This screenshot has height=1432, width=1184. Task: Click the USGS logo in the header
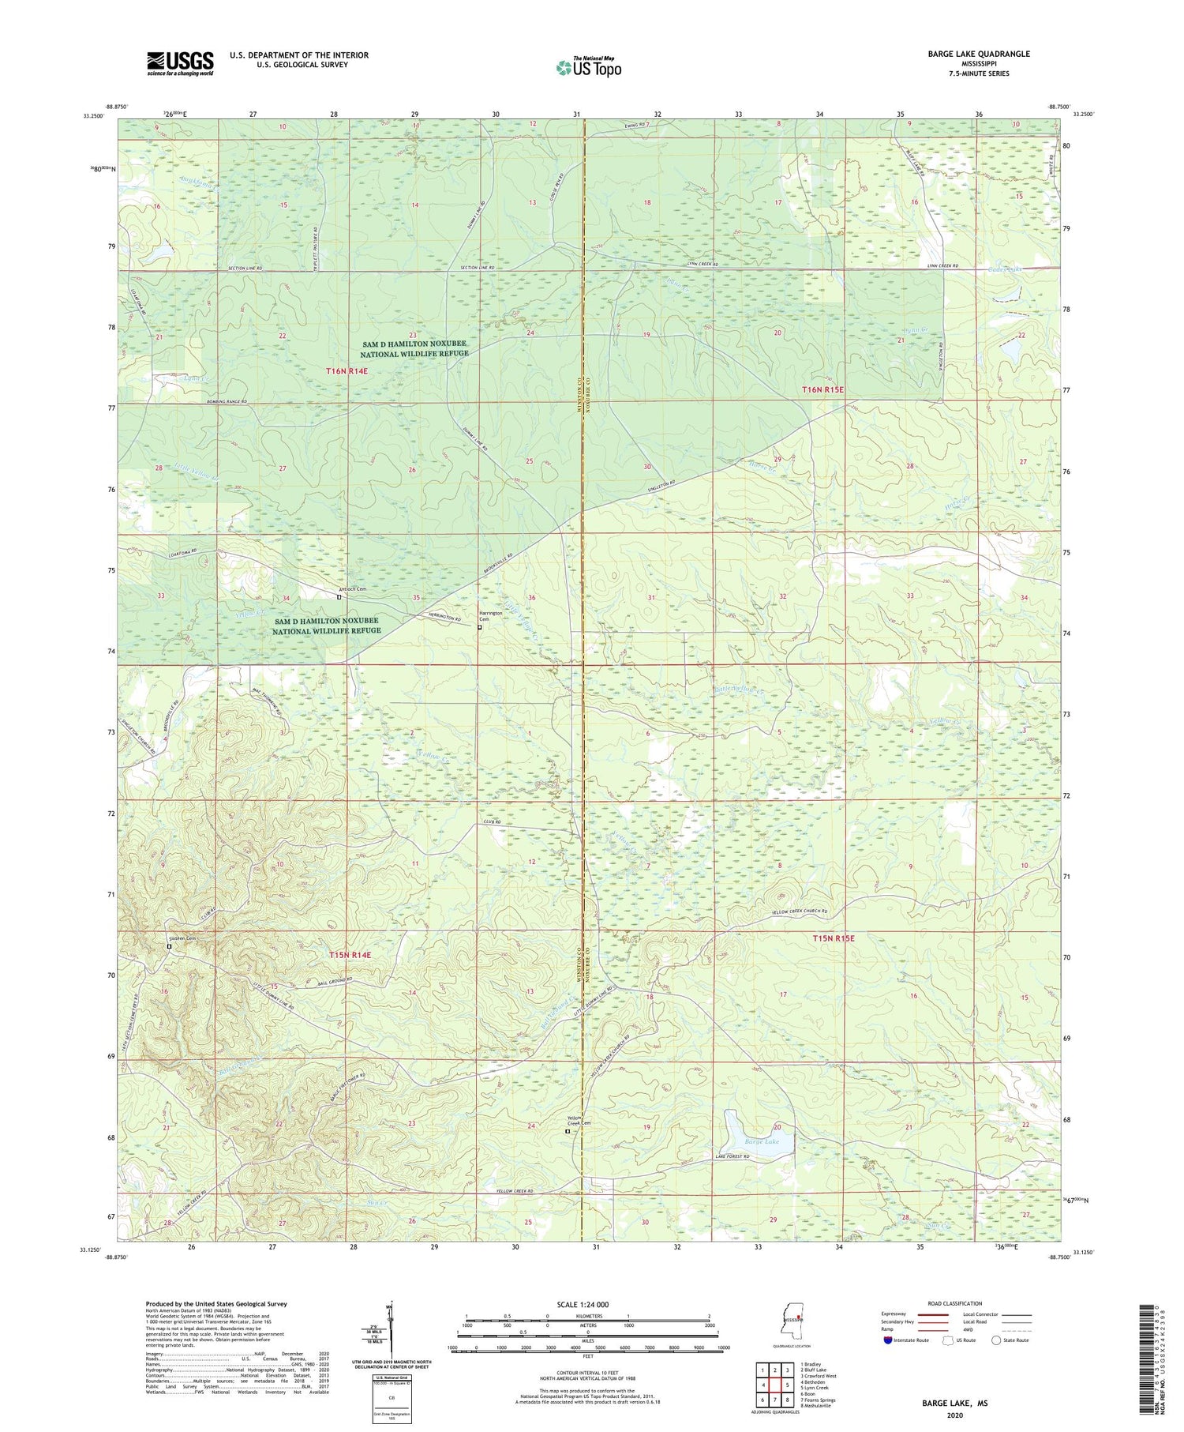pyautogui.click(x=180, y=63)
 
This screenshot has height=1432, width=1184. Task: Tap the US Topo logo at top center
pyautogui.click(x=588, y=67)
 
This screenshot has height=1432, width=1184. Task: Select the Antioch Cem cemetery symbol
pyautogui.click(x=339, y=597)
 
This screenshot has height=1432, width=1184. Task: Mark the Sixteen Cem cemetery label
pyautogui.click(x=181, y=938)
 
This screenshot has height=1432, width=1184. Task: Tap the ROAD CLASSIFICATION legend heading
pyautogui.click(x=955, y=1303)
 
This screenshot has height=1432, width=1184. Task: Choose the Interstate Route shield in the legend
pyautogui.click(x=889, y=1340)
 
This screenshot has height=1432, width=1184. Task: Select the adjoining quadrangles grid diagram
pyautogui.click(x=774, y=1378)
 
